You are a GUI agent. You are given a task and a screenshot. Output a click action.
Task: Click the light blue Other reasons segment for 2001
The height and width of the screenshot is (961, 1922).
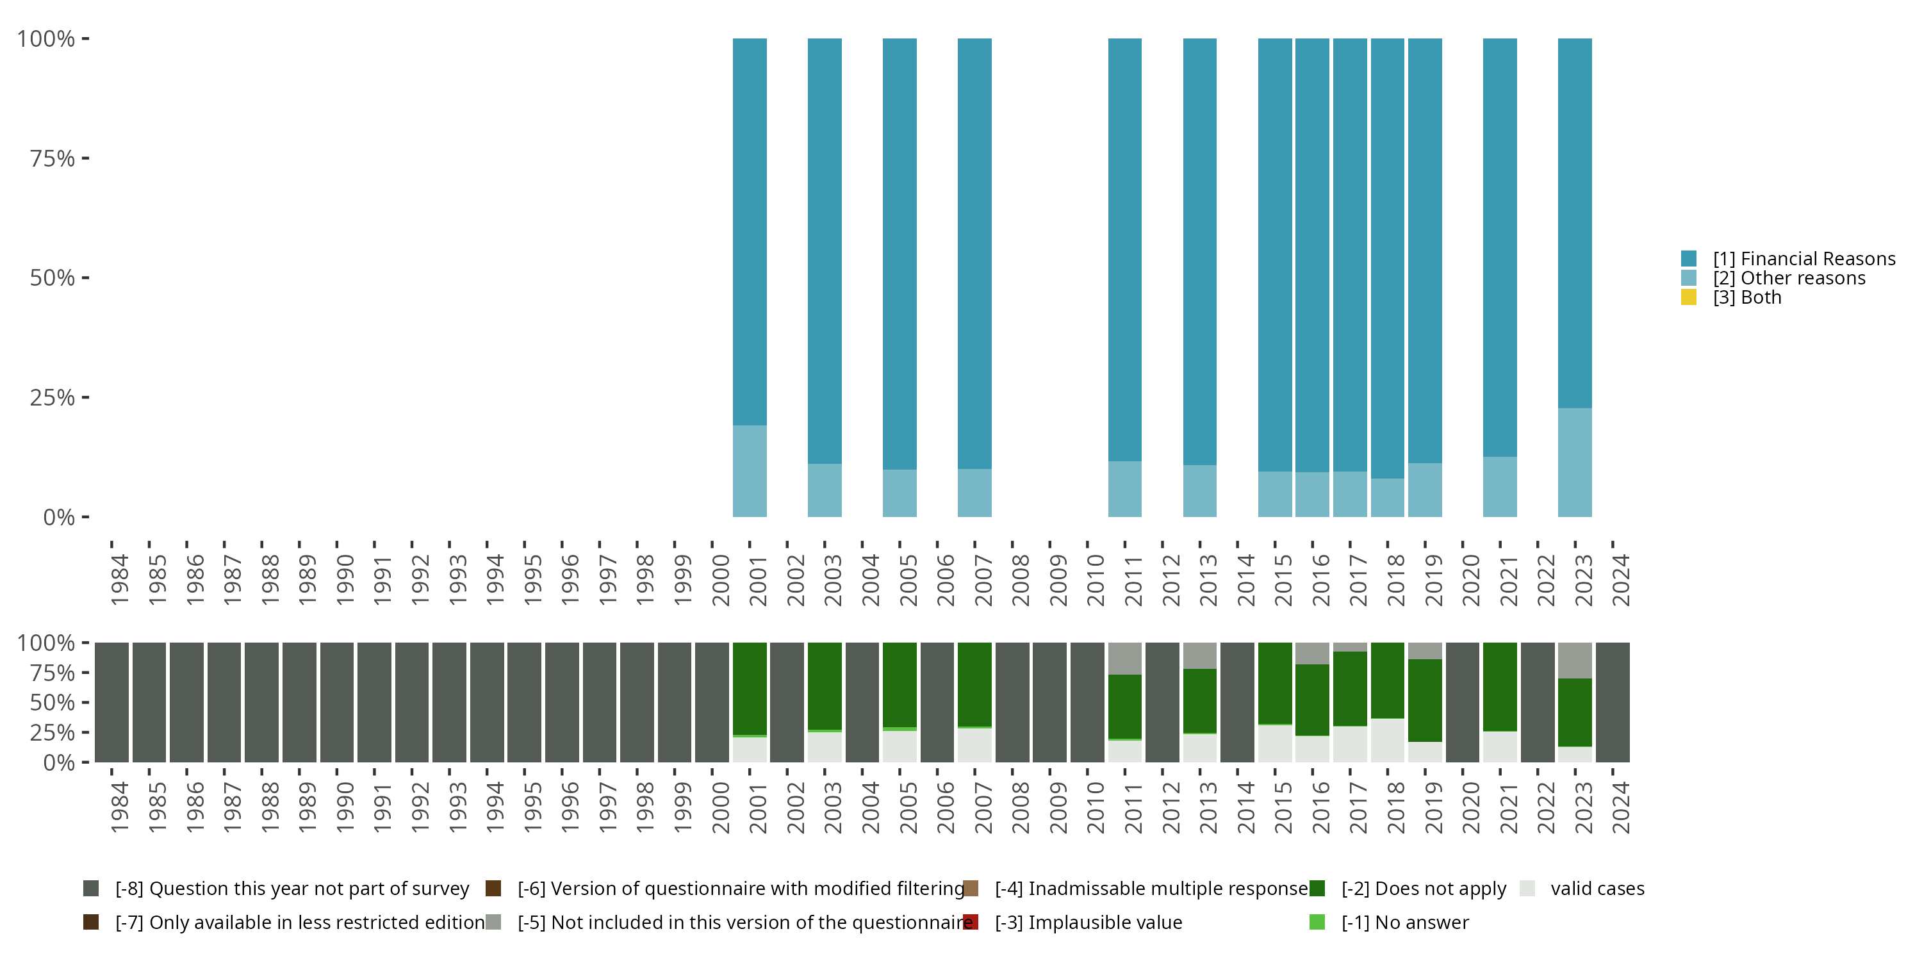(x=749, y=471)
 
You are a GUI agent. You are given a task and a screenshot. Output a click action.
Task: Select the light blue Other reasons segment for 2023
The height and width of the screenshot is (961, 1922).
(x=1574, y=462)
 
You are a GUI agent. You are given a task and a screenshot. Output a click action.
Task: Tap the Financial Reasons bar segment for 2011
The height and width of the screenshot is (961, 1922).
(x=1124, y=249)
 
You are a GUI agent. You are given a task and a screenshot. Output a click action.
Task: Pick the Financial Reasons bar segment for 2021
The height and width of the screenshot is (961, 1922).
(x=1500, y=247)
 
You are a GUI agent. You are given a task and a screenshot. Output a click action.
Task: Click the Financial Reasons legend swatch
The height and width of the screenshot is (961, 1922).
(x=1688, y=259)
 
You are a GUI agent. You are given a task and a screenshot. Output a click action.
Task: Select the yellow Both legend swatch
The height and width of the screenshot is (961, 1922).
(x=1688, y=298)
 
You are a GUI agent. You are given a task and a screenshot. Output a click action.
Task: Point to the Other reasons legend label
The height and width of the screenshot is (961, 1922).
(x=1789, y=278)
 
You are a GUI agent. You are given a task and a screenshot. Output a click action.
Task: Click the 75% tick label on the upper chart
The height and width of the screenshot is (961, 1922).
(x=53, y=158)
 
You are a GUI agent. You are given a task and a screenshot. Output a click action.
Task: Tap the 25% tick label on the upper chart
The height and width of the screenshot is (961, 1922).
(x=53, y=398)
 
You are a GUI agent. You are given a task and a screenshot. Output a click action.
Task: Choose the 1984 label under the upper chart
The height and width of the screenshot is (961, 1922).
(x=119, y=580)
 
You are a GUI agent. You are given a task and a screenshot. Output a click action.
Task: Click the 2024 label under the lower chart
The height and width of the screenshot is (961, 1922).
(x=1621, y=807)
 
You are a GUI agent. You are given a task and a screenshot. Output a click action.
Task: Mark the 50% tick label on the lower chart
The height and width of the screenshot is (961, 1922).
(x=53, y=703)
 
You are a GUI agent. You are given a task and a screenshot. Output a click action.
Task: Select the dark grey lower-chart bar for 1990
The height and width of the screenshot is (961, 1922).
(x=336, y=702)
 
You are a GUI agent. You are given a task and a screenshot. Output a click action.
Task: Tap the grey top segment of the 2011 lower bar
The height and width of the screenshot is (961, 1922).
(x=1124, y=658)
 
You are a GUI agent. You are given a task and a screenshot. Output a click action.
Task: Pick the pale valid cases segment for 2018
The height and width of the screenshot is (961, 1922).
(x=1387, y=740)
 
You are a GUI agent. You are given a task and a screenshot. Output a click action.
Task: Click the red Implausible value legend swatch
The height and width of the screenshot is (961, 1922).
(x=971, y=922)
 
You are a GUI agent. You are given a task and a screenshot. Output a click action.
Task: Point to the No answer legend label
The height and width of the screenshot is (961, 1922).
(x=1405, y=922)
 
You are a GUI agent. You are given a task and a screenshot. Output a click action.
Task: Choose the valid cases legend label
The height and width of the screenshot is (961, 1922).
(x=1597, y=889)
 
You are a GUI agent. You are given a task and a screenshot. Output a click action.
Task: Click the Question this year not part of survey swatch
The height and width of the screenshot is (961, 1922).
(x=91, y=889)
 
